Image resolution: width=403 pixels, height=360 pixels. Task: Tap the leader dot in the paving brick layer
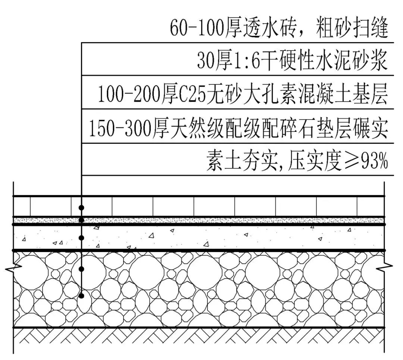tap(81, 207)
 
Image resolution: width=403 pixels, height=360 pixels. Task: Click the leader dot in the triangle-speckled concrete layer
tap(81, 238)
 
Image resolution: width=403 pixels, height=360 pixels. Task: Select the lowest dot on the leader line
tap(81, 296)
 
